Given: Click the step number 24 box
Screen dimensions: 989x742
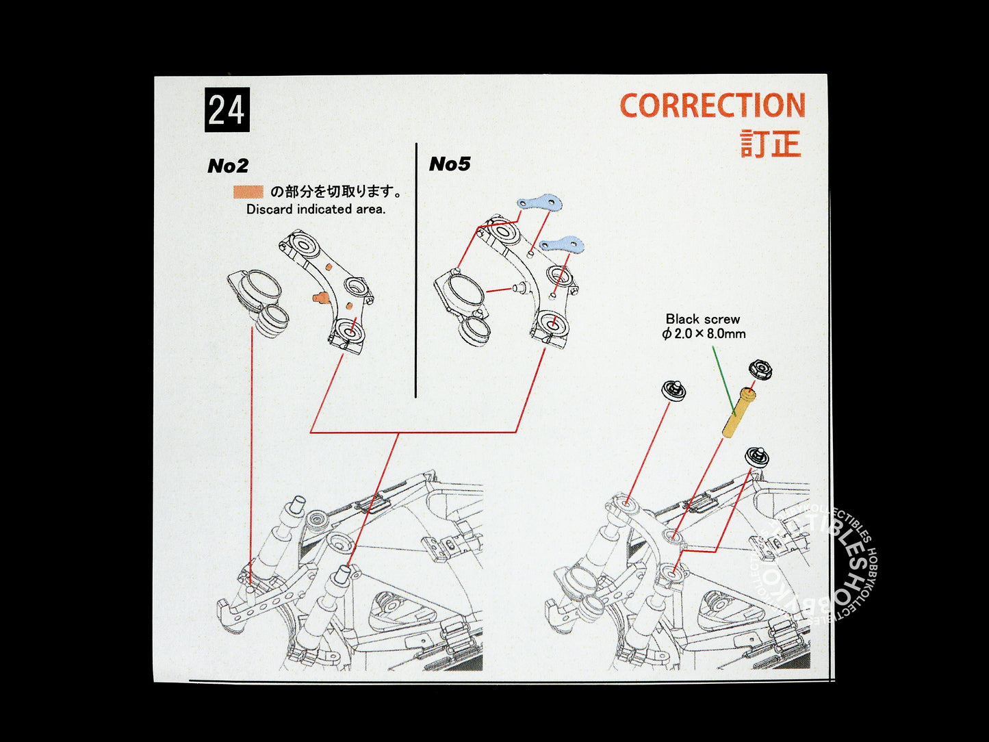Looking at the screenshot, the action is point(227,110).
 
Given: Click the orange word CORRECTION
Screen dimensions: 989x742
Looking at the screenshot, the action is point(712,105).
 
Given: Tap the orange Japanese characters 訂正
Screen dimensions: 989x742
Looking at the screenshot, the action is point(771,144).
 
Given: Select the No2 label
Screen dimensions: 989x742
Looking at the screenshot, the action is point(228,166).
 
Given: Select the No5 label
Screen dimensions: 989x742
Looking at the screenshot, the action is point(450,164).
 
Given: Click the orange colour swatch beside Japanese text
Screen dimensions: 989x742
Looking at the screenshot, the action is point(248,192).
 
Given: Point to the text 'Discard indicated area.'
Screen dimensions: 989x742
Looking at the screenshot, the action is point(316,209).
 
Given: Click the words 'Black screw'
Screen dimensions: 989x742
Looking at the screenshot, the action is point(703,319).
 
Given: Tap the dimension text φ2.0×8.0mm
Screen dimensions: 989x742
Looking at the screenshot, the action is point(704,334).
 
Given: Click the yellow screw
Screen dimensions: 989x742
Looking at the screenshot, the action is point(738,412).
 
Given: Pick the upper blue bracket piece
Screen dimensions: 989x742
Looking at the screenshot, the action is point(540,203).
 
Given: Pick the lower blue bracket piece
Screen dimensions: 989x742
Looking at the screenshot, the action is point(562,244).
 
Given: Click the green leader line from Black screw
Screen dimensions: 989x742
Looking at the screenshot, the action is point(723,381).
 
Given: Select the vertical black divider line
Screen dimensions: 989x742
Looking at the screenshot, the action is point(416,270).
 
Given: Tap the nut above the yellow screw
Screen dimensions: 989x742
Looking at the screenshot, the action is point(760,370).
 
